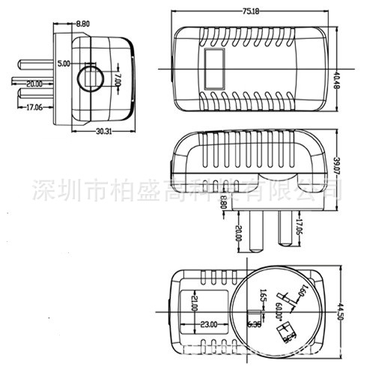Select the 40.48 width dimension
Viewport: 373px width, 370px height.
(x=338, y=77)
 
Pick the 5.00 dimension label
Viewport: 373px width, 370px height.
(x=64, y=65)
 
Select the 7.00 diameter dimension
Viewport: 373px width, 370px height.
(x=118, y=80)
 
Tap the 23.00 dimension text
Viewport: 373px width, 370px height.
(x=207, y=324)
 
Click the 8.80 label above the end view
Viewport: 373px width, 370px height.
(x=83, y=24)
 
